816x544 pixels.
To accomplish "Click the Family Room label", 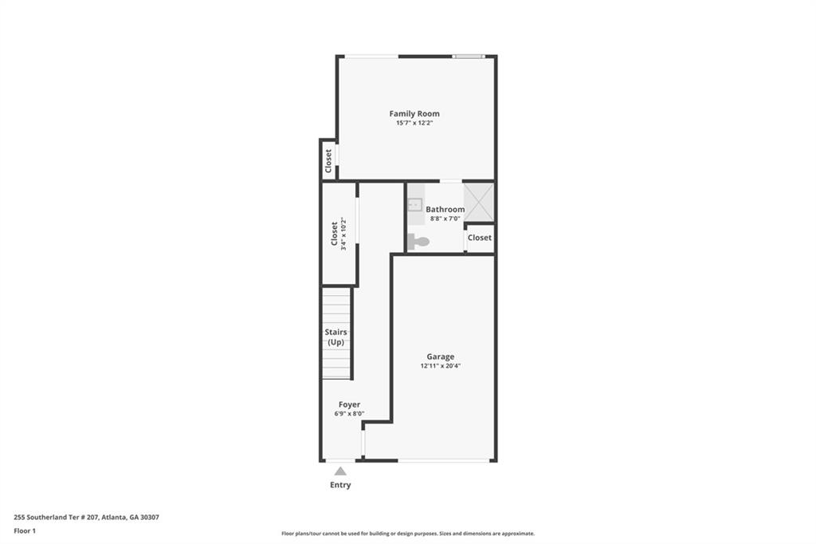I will [x=414, y=114].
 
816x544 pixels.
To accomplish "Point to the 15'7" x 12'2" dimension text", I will [x=414, y=124].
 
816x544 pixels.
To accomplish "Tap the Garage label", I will [x=440, y=357].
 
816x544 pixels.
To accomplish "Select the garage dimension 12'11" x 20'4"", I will [x=440, y=366].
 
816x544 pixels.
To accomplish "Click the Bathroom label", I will [x=445, y=209].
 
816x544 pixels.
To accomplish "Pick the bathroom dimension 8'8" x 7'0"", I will [x=445, y=219].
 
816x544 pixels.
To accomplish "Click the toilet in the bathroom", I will [x=418, y=241].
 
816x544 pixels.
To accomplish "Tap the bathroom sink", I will [x=415, y=205].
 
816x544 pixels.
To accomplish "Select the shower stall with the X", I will [x=479, y=203].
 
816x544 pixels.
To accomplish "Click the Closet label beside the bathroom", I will [x=480, y=238].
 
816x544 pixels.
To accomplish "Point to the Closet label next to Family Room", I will [x=328, y=161].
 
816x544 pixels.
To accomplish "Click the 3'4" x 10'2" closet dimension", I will [x=344, y=234].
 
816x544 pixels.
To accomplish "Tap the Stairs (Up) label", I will [x=335, y=337].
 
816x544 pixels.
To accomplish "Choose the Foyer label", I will [x=349, y=404].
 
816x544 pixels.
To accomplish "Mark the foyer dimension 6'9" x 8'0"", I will [x=349, y=414].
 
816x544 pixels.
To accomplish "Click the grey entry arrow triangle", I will [x=340, y=471].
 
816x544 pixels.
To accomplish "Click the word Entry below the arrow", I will [x=340, y=485].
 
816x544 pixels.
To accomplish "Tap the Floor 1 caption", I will [x=25, y=530].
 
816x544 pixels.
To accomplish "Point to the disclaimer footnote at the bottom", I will [x=407, y=534].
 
